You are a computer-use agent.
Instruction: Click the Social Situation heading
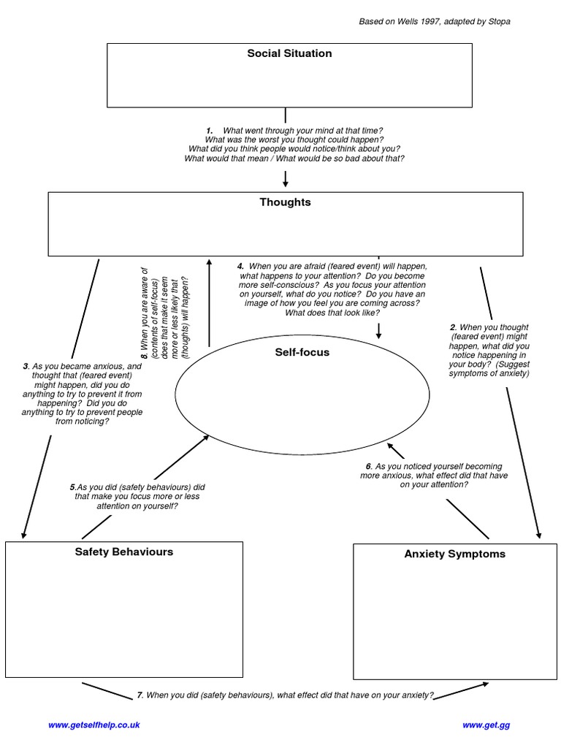(289, 53)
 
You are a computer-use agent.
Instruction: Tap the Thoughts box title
(285, 202)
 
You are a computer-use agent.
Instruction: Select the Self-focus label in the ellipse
(302, 352)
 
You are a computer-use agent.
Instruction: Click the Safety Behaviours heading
(124, 552)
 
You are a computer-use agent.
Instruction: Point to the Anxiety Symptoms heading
(454, 554)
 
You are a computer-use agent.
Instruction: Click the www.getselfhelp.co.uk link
(93, 725)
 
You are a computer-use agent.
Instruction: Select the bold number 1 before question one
(210, 131)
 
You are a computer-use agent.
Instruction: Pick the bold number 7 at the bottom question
(140, 695)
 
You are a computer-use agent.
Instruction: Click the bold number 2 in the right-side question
(453, 327)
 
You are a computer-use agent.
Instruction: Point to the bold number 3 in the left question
(26, 366)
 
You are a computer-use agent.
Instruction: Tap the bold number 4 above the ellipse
(240, 267)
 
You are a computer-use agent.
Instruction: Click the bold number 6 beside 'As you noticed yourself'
(369, 466)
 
